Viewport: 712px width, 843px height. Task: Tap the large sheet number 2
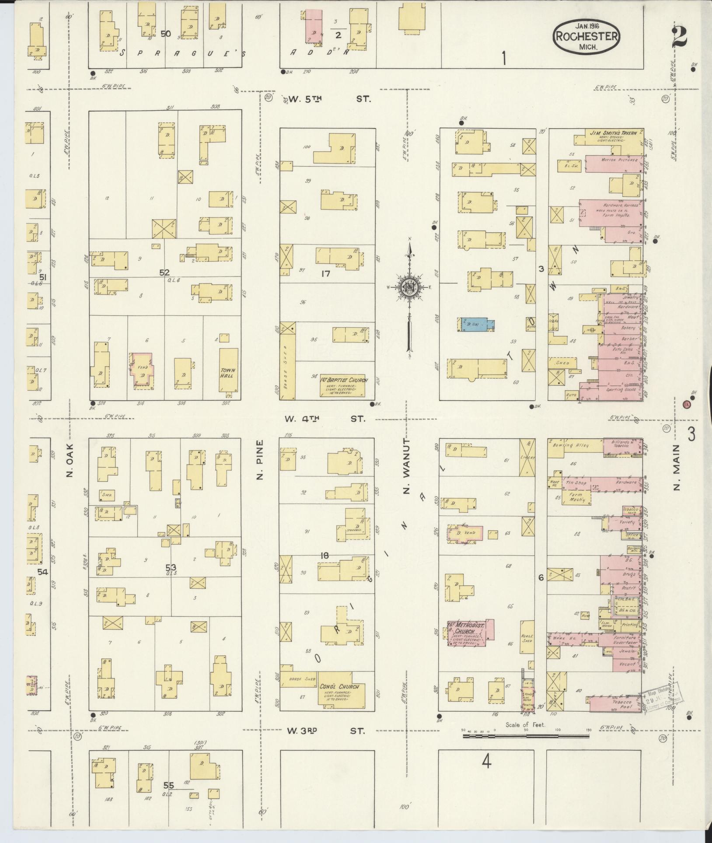(680, 35)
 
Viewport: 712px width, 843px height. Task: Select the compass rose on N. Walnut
(410, 288)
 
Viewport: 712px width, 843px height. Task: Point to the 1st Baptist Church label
(343, 380)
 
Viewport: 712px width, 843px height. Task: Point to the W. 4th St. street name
(324, 419)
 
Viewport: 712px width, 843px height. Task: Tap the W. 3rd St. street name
(325, 731)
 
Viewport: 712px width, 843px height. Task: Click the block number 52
(164, 272)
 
